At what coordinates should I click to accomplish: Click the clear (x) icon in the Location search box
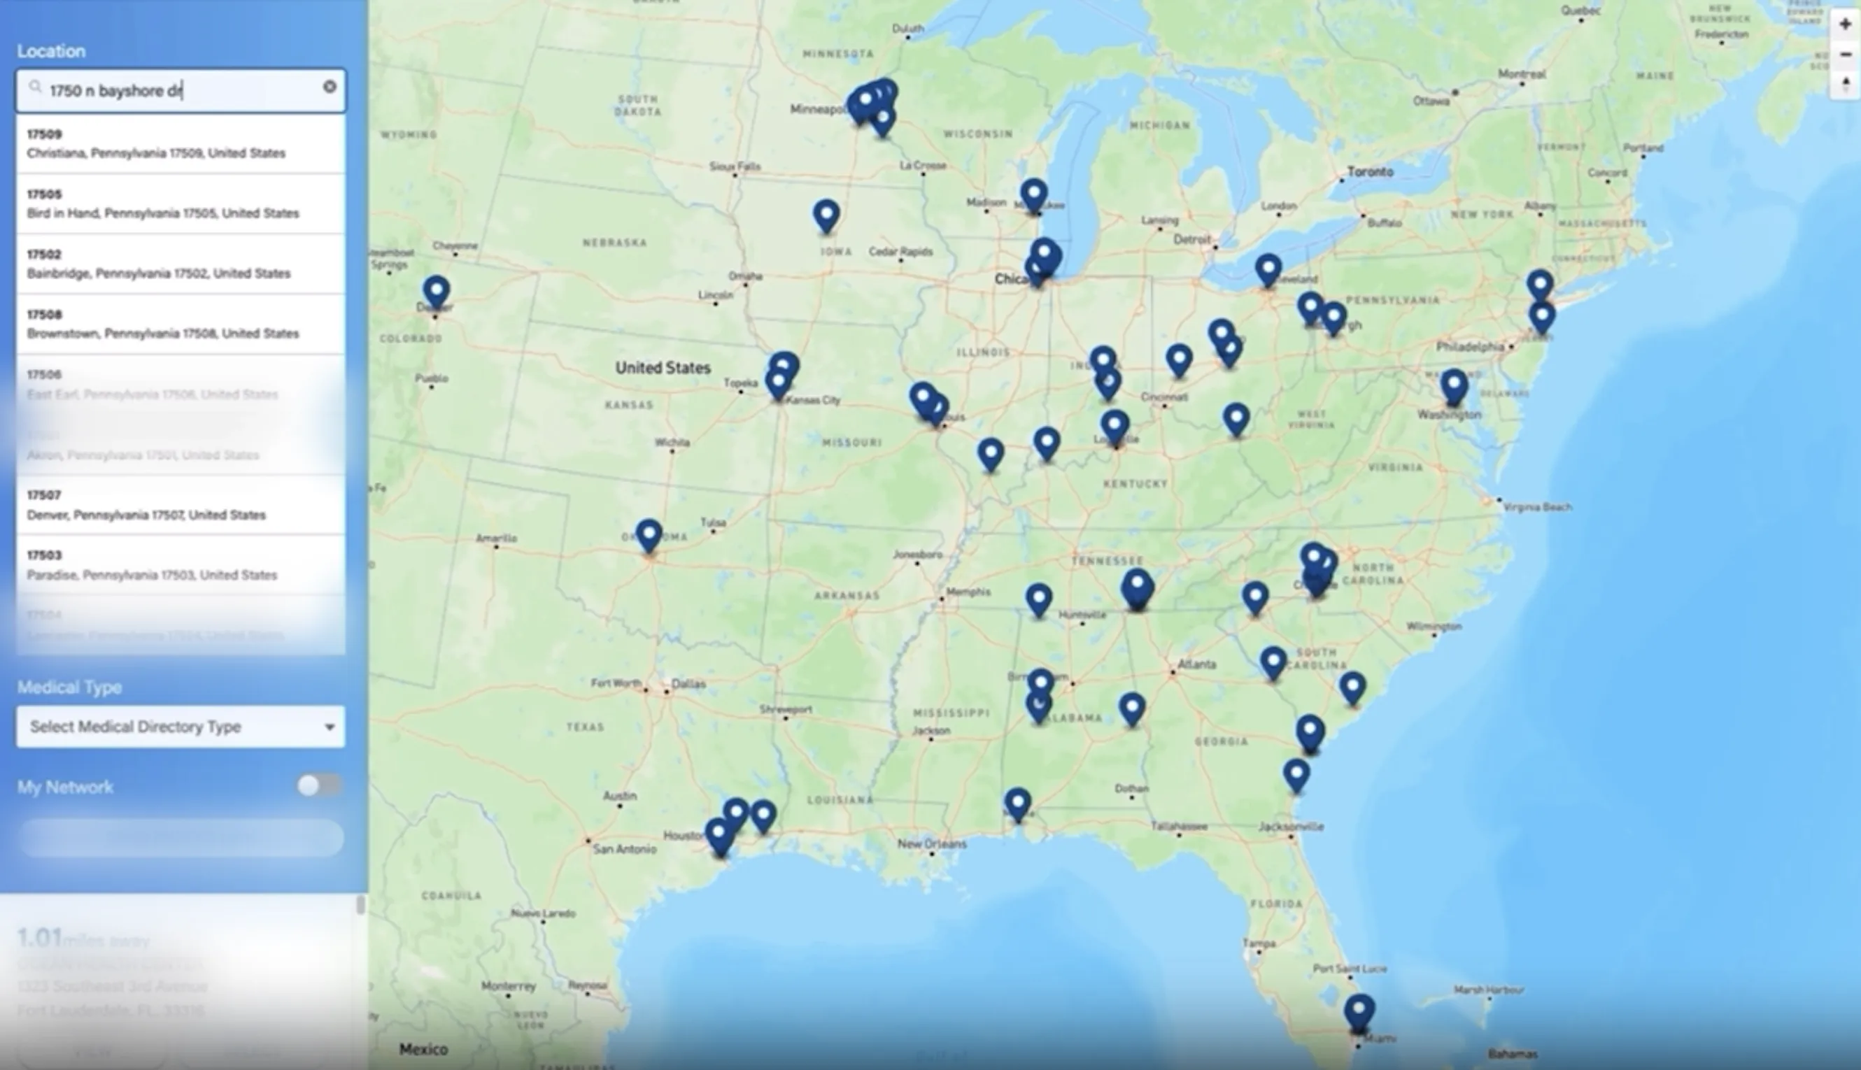[330, 87]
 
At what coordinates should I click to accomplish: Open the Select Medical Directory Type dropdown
[181, 727]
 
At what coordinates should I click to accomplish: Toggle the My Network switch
[318, 785]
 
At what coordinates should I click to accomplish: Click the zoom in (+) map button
[1845, 24]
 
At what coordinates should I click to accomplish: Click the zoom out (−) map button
[1845, 55]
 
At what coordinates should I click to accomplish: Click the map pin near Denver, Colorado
[437, 290]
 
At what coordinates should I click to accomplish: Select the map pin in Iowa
[827, 215]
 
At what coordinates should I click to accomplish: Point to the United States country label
[663, 367]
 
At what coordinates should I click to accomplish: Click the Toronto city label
[1370, 172]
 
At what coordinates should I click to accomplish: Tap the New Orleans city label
[932, 843]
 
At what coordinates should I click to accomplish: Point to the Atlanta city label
[1196, 664]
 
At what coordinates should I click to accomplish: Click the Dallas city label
[688, 683]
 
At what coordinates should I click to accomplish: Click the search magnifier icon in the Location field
[34, 87]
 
